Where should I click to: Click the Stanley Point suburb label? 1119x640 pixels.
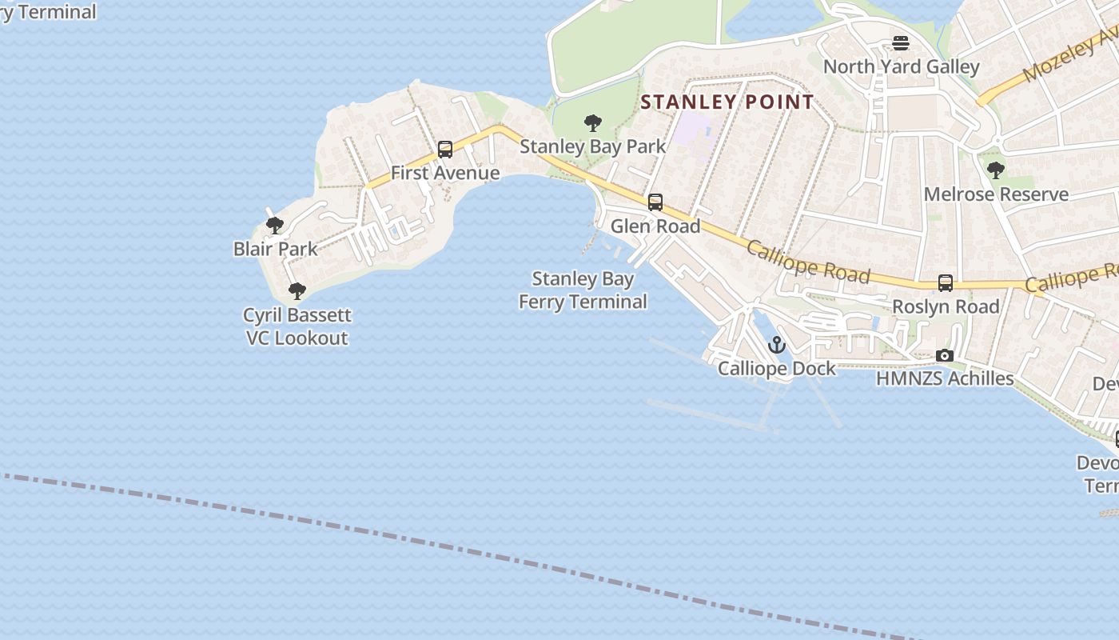(727, 102)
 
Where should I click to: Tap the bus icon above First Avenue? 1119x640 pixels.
(445, 150)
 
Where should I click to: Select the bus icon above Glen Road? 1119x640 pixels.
(655, 202)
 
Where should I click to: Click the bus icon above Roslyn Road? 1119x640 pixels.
(946, 283)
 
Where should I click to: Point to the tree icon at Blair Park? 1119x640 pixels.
(275, 226)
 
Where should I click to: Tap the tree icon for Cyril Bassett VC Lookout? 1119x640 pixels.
(297, 291)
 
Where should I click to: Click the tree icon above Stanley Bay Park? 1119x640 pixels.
(593, 123)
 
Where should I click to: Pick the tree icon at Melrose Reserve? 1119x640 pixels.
(996, 170)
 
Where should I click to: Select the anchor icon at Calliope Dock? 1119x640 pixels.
(776, 346)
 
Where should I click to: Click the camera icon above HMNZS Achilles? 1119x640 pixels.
(945, 355)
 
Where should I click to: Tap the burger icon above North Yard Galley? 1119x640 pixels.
(901, 43)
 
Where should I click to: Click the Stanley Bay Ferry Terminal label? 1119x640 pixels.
(583, 290)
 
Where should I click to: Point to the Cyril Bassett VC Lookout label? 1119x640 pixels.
(297, 326)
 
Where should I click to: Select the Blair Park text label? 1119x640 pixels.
(276, 249)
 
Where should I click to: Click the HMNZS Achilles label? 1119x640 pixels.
(945, 378)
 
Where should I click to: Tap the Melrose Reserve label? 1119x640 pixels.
(996, 194)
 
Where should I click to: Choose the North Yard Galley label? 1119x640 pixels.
(901, 67)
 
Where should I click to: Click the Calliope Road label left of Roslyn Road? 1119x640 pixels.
(808, 262)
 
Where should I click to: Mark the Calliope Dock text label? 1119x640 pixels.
(776, 369)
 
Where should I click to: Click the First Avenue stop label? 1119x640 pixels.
(445, 173)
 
